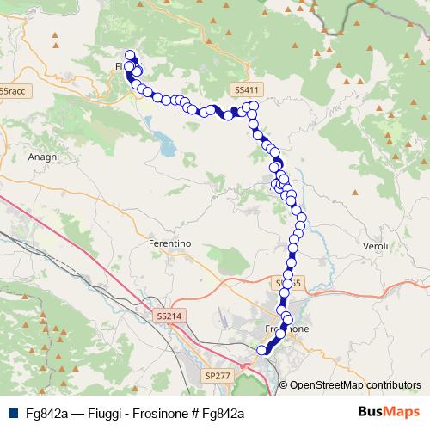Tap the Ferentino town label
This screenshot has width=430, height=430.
[x=169, y=244]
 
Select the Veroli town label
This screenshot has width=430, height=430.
[x=377, y=247]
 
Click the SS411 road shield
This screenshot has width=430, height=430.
[x=245, y=89]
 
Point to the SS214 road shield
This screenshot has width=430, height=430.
[x=170, y=317]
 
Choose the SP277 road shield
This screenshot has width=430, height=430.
[x=218, y=376]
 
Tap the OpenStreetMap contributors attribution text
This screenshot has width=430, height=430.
[x=355, y=385]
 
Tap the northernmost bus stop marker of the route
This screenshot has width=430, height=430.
[x=130, y=55]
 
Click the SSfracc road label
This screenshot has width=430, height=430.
[x=12, y=90]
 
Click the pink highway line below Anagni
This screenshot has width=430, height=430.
[x=52, y=225]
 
